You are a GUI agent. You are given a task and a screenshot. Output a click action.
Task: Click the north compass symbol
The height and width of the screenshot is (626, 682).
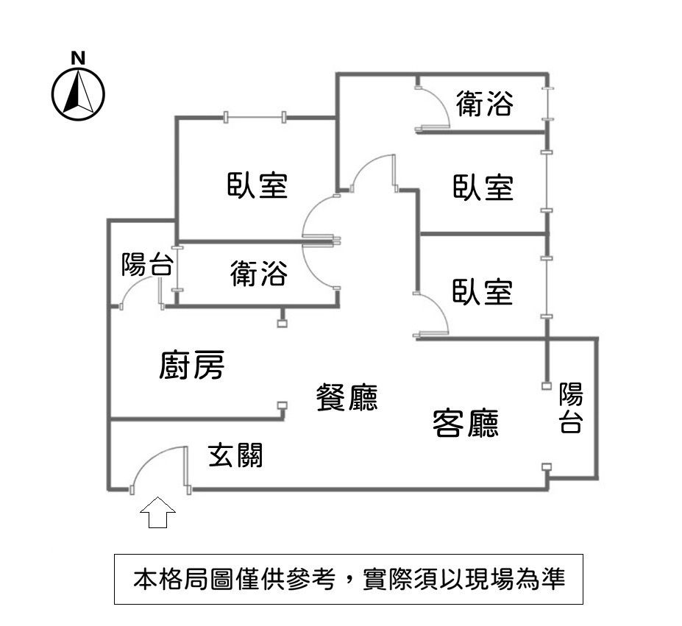pyautogui.click(x=79, y=93)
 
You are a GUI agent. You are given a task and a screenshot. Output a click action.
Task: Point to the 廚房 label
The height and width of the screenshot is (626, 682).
pyautogui.click(x=191, y=366)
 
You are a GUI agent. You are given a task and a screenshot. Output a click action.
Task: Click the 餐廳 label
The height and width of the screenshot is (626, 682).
pyautogui.click(x=346, y=398)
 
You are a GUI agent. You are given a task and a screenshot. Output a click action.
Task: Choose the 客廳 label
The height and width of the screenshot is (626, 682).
pyautogui.click(x=466, y=422)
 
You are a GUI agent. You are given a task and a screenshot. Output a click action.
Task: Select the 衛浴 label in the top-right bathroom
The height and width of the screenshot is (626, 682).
pyautogui.click(x=483, y=104)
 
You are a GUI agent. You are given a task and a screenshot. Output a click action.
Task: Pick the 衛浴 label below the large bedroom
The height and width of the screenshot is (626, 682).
pyautogui.click(x=258, y=274)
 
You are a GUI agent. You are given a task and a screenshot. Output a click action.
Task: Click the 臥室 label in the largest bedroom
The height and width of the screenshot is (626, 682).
pyautogui.click(x=257, y=185)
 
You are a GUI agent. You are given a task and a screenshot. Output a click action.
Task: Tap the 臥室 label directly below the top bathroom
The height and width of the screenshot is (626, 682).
pyautogui.click(x=483, y=188)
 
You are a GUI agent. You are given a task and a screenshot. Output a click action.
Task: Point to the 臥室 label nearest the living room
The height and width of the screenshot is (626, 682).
pyautogui.click(x=483, y=292)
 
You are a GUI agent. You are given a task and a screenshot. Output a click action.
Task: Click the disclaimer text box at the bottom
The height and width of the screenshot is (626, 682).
pyautogui.click(x=349, y=579)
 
